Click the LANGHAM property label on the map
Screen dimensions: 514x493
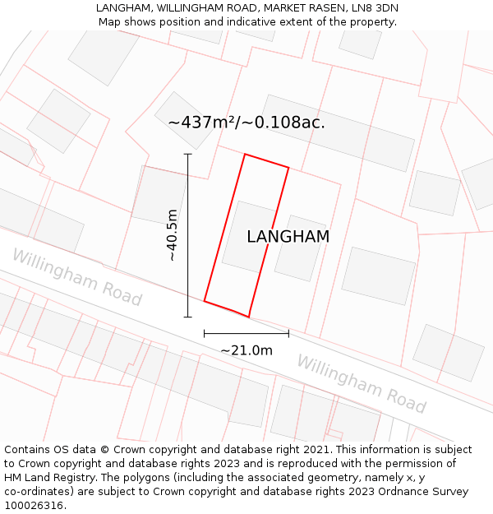point(288,237)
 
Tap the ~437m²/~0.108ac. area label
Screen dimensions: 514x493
point(246,123)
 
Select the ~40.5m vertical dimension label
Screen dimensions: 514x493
point(173,235)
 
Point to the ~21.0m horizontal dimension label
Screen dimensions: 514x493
point(246,350)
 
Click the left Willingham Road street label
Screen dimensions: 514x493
point(77,278)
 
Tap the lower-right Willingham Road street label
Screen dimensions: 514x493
point(361,384)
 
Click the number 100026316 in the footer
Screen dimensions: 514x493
point(32,506)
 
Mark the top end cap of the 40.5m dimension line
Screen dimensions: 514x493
point(187,154)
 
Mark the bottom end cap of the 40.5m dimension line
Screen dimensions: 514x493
point(187,317)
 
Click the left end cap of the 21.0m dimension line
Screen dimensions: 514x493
point(205,333)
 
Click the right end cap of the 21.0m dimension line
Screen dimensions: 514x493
point(288,333)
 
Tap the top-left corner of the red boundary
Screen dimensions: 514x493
point(245,154)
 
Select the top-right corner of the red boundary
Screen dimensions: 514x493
point(288,168)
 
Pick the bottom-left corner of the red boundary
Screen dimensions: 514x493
point(205,301)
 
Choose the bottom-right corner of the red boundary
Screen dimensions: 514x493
point(248,317)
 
